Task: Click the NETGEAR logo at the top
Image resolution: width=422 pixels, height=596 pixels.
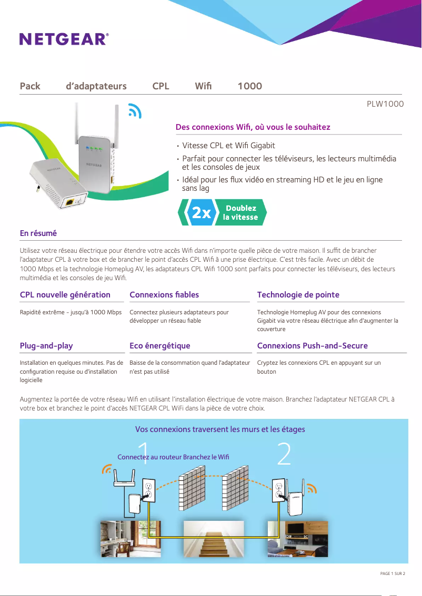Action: [x=64, y=39]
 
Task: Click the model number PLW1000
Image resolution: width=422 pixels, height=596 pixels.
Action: [x=385, y=104]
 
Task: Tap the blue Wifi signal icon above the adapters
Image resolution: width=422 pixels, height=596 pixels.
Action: [x=135, y=111]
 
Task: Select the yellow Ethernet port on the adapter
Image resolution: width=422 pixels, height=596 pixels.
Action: [x=68, y=202]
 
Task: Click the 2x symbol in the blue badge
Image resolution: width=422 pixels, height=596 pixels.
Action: [x=201, y=213]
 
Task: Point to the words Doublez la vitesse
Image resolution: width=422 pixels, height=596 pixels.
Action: [x=240, y=213]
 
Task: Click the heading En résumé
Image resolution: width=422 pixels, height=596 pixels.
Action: [x=38, y=233]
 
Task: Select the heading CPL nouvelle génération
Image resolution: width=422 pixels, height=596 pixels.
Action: [x=65, y=295]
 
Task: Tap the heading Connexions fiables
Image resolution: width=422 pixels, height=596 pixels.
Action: [x=164, y=295]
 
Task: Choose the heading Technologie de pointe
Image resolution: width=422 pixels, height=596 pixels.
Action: [x=298, y=295]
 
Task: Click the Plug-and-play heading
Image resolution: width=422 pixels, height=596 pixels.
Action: [x=46, y=346]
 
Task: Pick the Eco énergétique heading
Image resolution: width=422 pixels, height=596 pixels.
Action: [x=160, y=346]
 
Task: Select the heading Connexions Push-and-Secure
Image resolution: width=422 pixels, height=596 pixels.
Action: [x=313, y=346]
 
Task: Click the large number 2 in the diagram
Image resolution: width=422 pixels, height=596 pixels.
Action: [x=284, y=454]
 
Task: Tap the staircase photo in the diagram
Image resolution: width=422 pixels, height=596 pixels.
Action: [x=213, y=538]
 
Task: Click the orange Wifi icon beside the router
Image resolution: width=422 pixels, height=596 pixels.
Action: [x=107, y=469]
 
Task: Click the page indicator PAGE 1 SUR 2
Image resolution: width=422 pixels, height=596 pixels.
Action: [x=393, y=573]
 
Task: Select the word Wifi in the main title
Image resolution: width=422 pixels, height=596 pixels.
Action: [x=203, y=86]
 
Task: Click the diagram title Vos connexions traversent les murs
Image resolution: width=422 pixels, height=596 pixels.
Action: [x=220, y=429]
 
